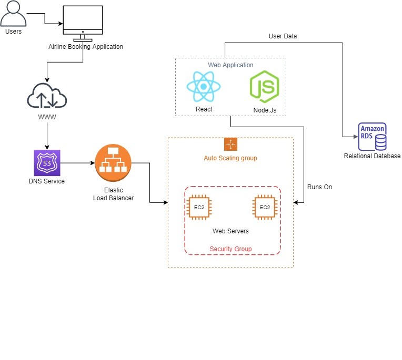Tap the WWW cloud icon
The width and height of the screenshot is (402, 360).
tap(47, 97)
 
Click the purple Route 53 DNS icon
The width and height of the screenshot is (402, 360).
tap(47, 163)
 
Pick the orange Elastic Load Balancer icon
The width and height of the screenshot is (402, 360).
tap(113, 163)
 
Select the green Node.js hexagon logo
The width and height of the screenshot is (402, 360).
tap(264, 87)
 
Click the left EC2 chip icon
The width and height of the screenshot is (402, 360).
tap(199, 207)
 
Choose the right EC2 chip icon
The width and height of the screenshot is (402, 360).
tap(265, 207)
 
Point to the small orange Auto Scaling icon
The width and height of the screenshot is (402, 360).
tap(230, 145)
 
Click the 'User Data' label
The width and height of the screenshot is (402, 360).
tap(283, 36)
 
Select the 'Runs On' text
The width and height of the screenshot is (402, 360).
tap(319, 187)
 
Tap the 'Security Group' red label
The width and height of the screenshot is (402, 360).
tap(230, 249)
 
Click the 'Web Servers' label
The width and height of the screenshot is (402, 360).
tap(230, 231)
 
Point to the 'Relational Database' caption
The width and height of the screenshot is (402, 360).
tap(372, 156)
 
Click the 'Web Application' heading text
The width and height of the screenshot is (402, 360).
tap(230, 65)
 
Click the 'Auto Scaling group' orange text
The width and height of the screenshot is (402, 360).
tap(230, 158)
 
